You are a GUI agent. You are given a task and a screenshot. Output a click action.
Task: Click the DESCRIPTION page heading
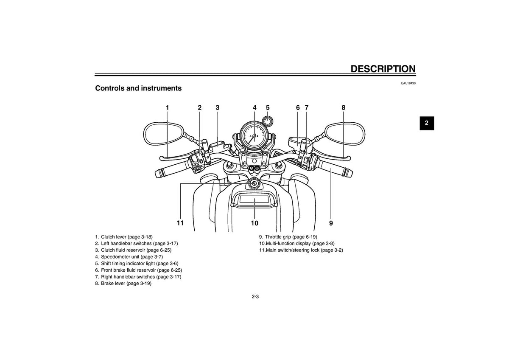click(383, 69)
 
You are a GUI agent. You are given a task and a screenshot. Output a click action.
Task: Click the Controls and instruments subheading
click(138, 88)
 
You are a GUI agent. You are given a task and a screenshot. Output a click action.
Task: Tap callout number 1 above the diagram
click(167, 107)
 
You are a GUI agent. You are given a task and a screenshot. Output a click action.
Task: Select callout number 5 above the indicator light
click(268, 107)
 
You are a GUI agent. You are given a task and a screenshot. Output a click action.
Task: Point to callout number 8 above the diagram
click(343, 107)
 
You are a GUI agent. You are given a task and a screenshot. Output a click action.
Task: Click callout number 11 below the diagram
click(180, 223)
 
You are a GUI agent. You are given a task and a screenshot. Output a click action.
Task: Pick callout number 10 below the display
click(255, 223)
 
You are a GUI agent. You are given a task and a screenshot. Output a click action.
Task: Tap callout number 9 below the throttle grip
click(331, 223)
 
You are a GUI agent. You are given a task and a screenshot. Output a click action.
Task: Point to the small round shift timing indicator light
click(268, 121)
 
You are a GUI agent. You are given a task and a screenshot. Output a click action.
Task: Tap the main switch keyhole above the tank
click(253, 183)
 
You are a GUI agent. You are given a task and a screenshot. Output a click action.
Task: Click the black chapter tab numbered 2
click(427, 123)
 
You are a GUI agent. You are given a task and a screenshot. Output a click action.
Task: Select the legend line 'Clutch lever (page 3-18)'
click(124, 237)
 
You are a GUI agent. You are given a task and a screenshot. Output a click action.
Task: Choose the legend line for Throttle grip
click(288, 237)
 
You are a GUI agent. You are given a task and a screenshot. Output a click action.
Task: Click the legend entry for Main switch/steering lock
click(301, 250)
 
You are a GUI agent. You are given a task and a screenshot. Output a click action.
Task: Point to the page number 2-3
click(255, 297)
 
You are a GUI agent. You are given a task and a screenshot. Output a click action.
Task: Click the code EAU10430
click(408, 83)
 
